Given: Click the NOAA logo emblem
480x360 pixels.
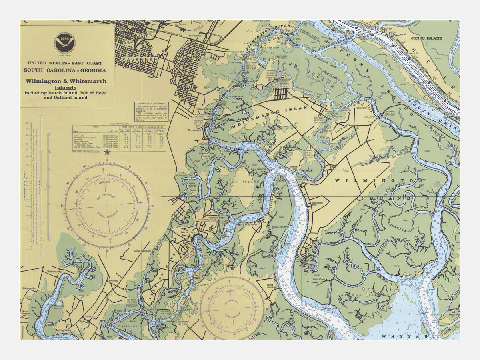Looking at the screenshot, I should point(64,43).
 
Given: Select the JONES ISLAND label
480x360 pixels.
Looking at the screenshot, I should point(427,38).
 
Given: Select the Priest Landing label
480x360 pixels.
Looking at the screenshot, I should point(272,286).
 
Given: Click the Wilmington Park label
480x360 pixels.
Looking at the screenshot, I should point(317,205).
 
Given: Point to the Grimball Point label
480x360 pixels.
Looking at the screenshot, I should point(216,218).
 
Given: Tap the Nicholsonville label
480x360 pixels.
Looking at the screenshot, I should point(32,288).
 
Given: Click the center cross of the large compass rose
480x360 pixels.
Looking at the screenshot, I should point(107,206).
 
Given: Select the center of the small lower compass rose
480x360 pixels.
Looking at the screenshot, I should point(232,308).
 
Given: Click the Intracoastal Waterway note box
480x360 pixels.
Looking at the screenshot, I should point(152,112).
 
